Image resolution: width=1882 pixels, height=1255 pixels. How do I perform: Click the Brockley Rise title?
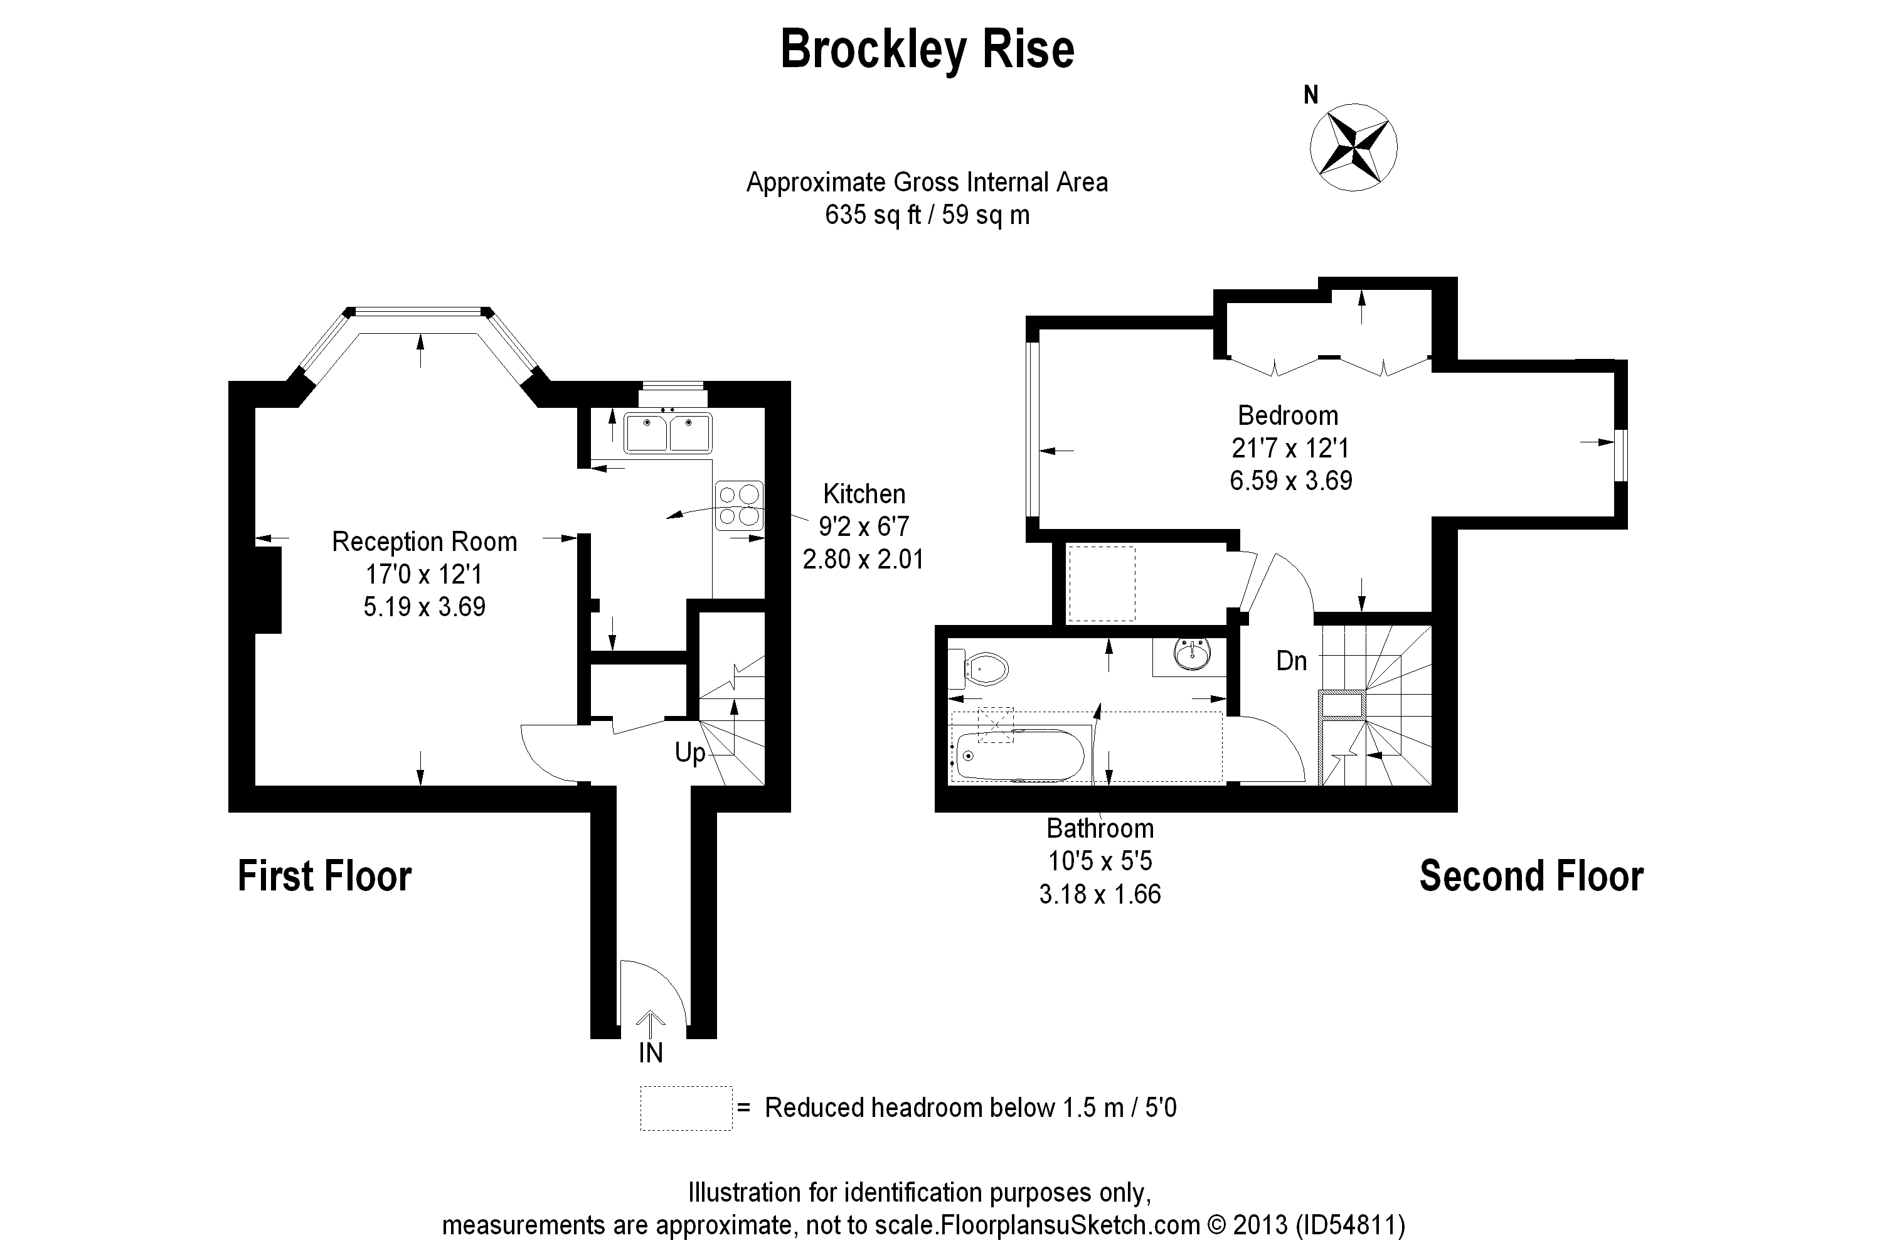click(x=927, y=50)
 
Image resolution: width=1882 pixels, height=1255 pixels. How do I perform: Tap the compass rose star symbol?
click(x=1353, y=147)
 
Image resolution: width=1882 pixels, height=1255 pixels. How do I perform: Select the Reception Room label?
click(x=424, y=542)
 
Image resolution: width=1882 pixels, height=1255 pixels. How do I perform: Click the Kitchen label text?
click(x=864, y=494)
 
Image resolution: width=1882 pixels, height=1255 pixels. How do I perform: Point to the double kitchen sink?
click(x=668, y=432)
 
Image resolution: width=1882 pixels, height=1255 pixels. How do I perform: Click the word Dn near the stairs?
click(x=1292, y=661)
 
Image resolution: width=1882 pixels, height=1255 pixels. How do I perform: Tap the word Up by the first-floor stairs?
click(x=689, y=752)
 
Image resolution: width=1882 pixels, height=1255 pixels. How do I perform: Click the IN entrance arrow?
click(x=650, y=1025)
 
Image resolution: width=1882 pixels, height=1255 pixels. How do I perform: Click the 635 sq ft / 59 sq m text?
click(x=927, y=215)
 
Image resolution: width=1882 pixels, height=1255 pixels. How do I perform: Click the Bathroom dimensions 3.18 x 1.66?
click(x=1100, y=894)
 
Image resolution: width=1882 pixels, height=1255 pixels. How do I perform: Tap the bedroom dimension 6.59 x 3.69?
click(x=1290, y=480)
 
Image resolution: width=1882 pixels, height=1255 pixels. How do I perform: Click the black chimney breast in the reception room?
click(x=268, y=590)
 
